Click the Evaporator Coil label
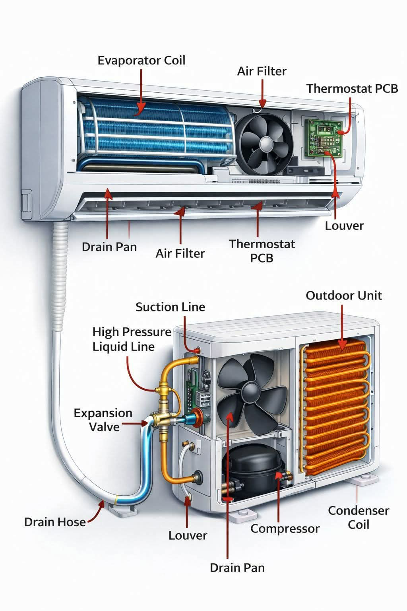[141, 60]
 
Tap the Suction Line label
[171, 307]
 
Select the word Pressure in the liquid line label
[147, 332]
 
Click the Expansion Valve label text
[103, 420]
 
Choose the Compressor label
[285, 529]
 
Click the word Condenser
[359, 511]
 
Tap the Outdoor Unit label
[344, 296]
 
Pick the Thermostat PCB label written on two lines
[262, 251]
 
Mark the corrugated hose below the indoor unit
[60, 276]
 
